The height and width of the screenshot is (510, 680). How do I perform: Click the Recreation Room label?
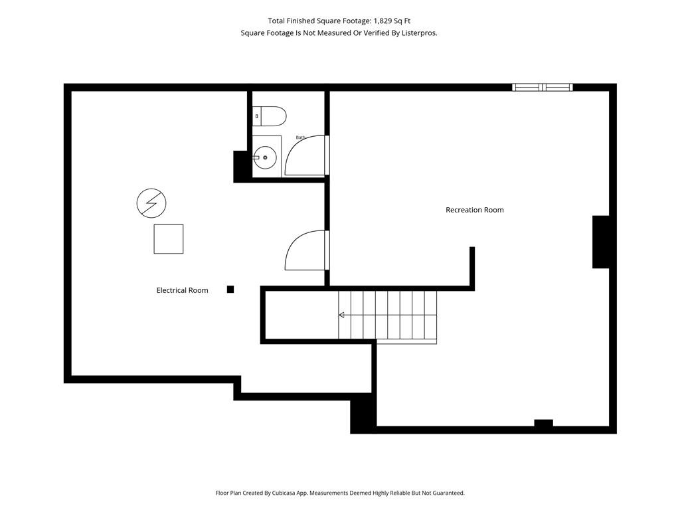coord(474,210)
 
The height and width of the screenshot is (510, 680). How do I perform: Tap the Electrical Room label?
coord(182,291)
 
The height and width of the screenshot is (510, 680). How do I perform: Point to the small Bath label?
coord(301,137)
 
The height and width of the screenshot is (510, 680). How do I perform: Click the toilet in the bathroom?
coord(270,116)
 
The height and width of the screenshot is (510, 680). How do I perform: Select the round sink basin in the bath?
coord(265,157)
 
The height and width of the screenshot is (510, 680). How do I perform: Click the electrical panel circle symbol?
coord(151,203)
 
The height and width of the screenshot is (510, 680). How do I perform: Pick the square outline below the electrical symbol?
coord(169,239)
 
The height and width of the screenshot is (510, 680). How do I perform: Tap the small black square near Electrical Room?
coord(230,290)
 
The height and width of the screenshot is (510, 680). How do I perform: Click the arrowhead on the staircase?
coord(341,315)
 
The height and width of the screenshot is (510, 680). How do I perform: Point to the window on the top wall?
coord(542,87)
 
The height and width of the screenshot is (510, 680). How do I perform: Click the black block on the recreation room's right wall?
coord(600,242)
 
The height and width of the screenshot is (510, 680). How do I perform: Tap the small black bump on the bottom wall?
coord(543,423)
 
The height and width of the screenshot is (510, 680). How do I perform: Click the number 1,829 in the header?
coord(382,21)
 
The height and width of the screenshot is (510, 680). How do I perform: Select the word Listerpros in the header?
coord(420,33)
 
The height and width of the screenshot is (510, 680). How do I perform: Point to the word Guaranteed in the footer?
coord(450,493)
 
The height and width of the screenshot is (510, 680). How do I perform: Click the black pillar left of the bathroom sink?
coord(240,166)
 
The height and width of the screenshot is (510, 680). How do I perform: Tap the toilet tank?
coord(257,116)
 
